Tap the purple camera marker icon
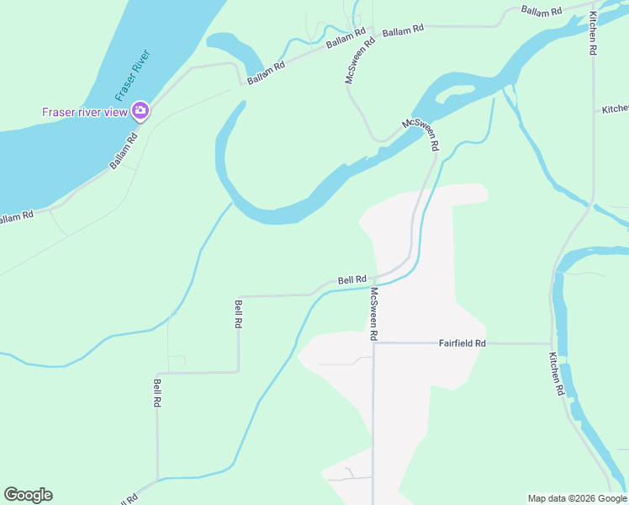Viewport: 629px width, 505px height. (140, 110)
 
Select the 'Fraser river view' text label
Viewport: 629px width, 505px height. (85, 111)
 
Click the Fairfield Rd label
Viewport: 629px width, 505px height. (462, 343)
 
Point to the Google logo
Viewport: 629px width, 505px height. (28, 495)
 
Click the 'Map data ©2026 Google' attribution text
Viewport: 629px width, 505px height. (577, 498)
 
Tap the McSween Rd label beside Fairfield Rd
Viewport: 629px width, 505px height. (373, 314)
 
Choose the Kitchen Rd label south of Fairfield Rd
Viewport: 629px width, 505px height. (556, 375)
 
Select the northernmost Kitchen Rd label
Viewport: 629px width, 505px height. (593, 34)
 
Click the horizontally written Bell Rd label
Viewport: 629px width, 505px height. (352, 279)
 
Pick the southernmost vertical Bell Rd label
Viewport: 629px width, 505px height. (157, 393)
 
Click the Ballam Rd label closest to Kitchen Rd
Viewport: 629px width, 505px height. (541, 11)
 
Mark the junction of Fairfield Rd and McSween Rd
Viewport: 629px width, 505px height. (373, 343)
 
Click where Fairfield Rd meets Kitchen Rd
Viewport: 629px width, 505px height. (552, 343)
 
